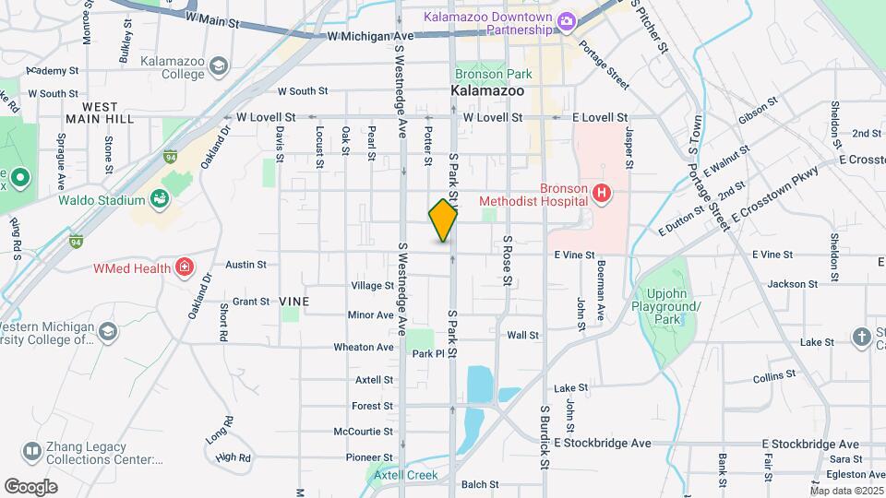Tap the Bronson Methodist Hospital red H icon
point(602,194)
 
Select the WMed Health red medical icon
point(186,267)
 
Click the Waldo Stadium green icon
point(159,199)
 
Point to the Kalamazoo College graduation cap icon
point(218,65)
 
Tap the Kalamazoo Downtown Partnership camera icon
point(566,20)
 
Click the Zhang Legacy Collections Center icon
point(32,451)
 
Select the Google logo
point(30,486)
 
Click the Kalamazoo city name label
point(487,91)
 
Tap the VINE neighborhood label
point(294,302)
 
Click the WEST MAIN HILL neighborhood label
point(100,113)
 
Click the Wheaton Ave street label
point(364,348)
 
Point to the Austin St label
point(245,264)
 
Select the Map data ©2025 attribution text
point(846,490)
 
